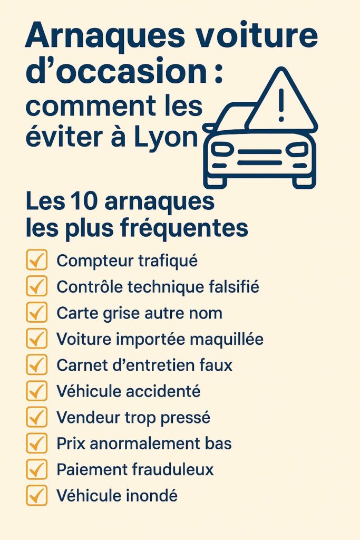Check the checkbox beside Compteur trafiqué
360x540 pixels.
pos(36,261)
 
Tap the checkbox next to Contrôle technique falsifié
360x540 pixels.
pos(36,287)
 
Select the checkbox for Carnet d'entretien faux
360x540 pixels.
pos(36,365)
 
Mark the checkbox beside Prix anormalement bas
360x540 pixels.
pos(36,443)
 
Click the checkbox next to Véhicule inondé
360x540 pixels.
pos(36,496)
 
